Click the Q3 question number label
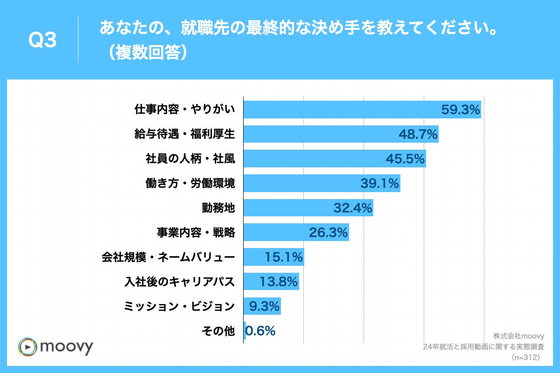pos(42,41)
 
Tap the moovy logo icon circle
pos(28,347)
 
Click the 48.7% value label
pos(418,134)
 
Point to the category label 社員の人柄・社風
pos(190,159)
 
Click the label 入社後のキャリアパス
pos(179,282)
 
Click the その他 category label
pos(217,331)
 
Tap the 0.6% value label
pos(260,331)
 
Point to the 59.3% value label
pos(460,110)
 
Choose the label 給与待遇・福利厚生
pos(185,134)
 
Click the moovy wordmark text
pos(67,347)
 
